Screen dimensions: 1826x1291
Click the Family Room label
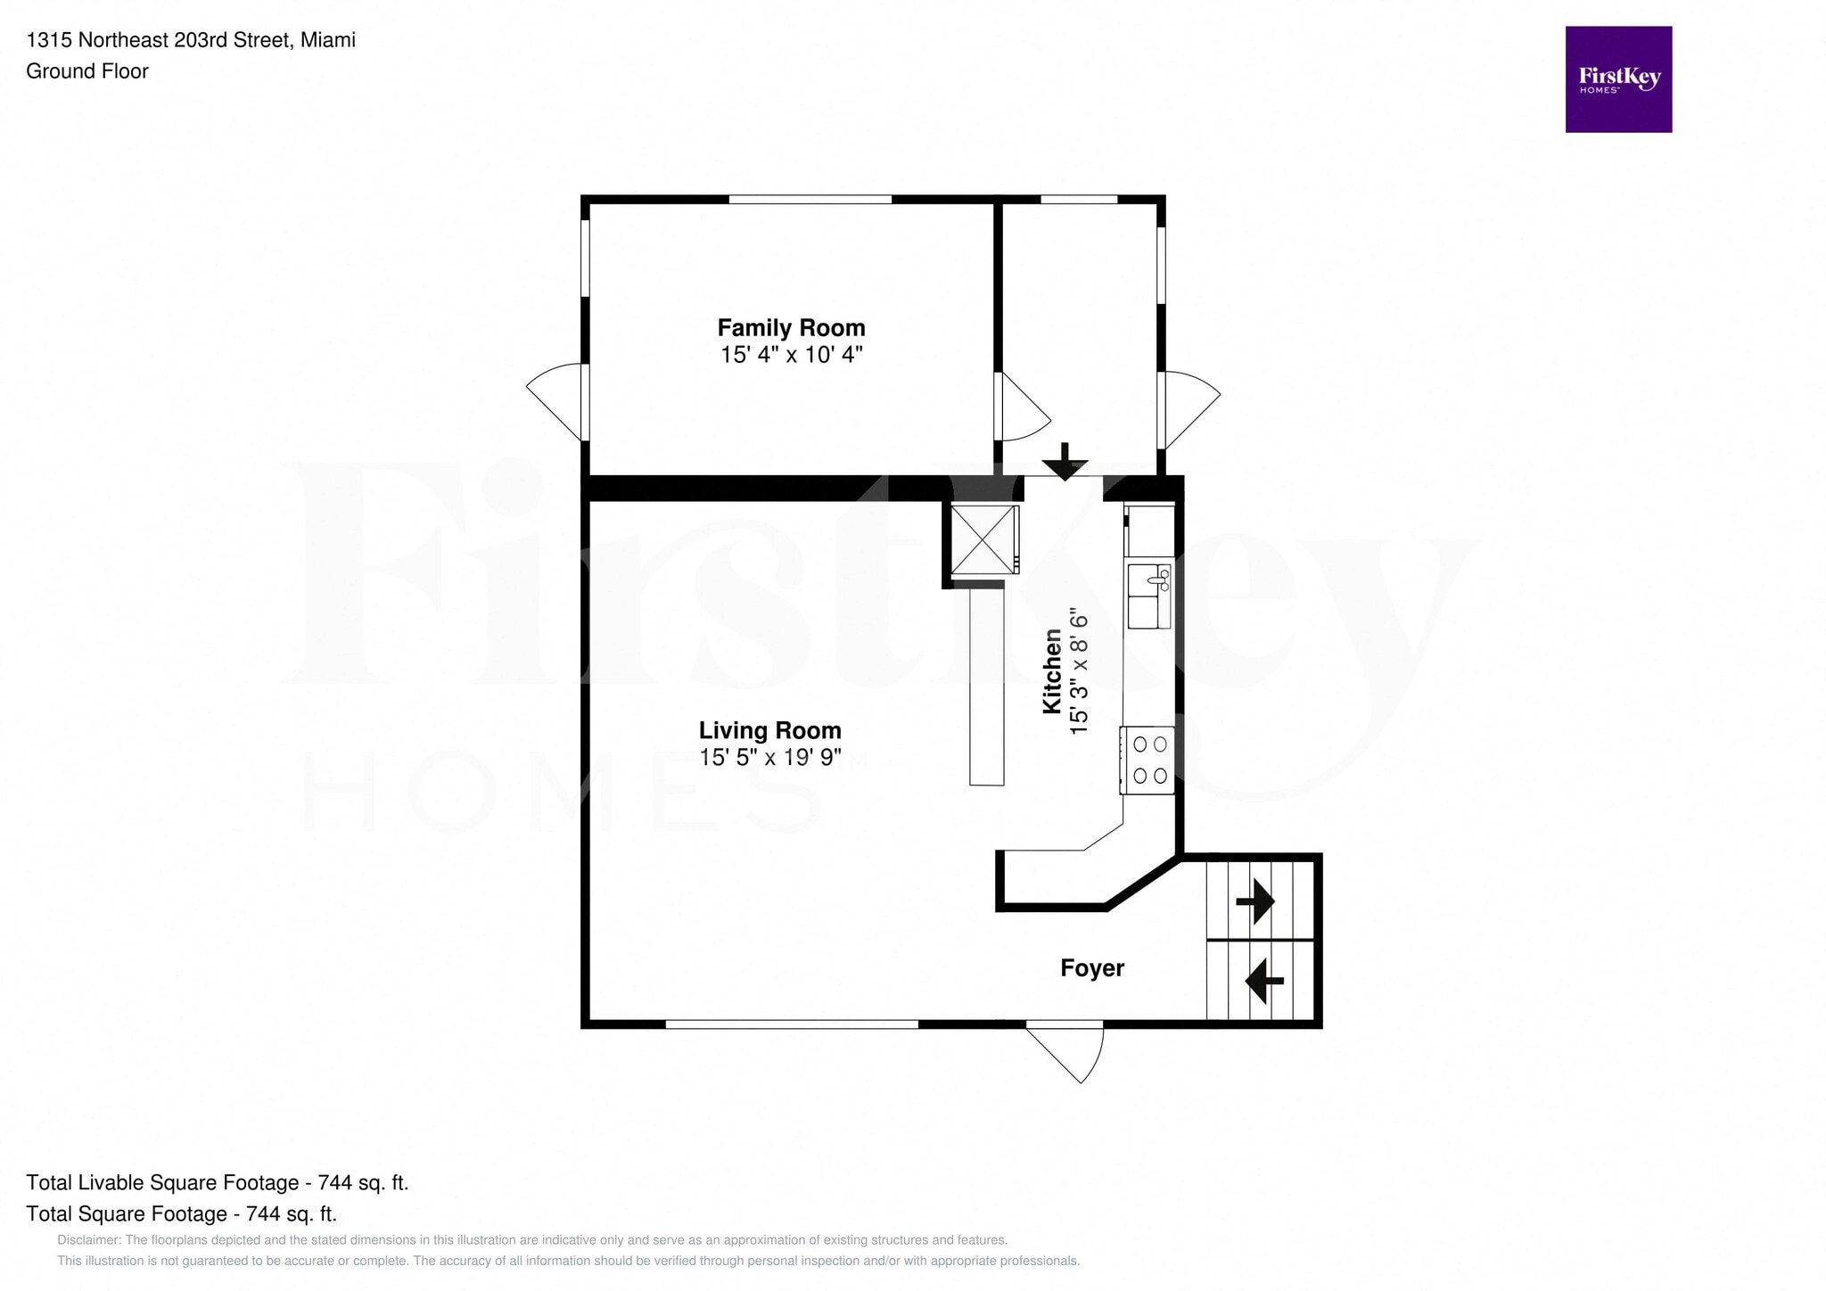click(x=791, y=328)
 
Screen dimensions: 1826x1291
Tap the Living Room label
click(x=769, y=731)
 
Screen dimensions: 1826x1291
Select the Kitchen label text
click(x=1053, y=671)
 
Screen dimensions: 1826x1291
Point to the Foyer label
click(x=1092, y=968)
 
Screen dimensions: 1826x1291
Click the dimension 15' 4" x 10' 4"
click(x=792, y=355)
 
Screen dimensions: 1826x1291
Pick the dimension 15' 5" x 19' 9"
click(x=770, y=758)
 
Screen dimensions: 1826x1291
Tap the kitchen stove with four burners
click(x=1147, y=760)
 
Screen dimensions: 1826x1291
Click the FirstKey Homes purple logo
click(x=1618, y=79)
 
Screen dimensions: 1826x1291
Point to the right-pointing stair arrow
click(x=1254, y=900)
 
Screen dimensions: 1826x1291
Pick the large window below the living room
click(x=792, y=1024)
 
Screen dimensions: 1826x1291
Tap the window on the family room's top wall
click(x=810, y=199)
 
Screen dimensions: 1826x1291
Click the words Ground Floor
click(x=87, y=71)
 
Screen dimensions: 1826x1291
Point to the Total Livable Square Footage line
click(x=218, y=1183)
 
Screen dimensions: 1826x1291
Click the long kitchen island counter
click(x=986, y=684)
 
